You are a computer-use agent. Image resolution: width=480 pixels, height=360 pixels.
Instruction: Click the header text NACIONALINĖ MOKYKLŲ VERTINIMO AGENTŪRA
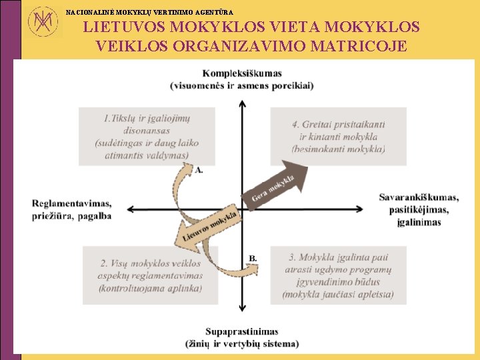(x=149, y=11)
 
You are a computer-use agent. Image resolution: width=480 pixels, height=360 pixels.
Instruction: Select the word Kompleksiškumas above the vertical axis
(x=242, y=73)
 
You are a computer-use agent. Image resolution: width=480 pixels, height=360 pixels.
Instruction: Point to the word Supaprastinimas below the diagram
(x=242, y=331)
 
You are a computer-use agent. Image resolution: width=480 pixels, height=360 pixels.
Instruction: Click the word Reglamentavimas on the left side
(x=71, y=203)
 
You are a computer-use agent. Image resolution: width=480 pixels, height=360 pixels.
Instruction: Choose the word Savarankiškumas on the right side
(x=419, y=197)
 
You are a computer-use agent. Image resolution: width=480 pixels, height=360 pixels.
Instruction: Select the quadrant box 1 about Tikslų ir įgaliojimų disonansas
(x=147, y=137)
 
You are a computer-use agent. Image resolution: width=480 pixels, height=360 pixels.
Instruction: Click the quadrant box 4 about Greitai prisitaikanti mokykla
(x=338, y=136)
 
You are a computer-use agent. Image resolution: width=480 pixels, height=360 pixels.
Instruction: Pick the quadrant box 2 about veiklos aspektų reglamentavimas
(x=151, y=275)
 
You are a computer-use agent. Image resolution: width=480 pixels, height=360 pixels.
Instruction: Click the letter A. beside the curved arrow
(x=199, y=170)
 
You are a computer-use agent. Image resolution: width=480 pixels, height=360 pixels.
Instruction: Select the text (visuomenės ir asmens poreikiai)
(x=242, y=85)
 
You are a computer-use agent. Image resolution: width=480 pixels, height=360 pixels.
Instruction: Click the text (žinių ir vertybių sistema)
(x=242, y=343)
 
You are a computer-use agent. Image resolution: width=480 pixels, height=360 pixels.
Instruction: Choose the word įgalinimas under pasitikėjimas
(x=419, y=222)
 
